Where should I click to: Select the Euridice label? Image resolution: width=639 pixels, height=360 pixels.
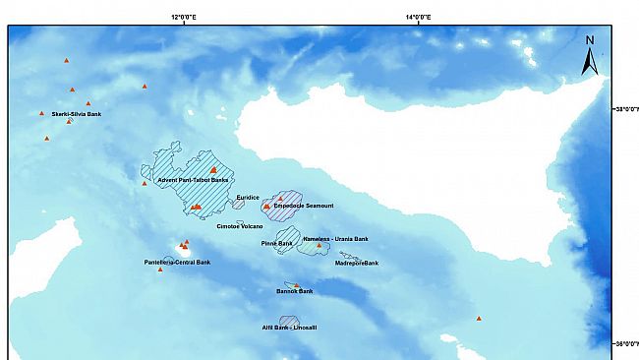click(248, 198)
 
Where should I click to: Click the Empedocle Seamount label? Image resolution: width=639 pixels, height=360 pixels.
click(304, 207)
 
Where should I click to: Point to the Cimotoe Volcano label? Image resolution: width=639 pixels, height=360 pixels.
click(240, 226)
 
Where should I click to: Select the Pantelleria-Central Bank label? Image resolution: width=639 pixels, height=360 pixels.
click(177, 263)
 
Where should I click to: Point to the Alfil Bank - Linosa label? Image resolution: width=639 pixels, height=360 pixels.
click(289, 328)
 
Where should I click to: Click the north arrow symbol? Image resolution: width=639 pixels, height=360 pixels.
click(590, 57)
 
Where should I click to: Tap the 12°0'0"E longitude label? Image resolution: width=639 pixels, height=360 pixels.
click(184, 17)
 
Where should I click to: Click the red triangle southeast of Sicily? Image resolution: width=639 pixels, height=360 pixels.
click(479, 318)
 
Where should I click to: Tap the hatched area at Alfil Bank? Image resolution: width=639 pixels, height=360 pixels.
click(289, 320)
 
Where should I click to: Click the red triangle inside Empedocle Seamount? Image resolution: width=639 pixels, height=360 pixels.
click(266, 207)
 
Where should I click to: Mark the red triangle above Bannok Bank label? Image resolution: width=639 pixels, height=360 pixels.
click(297, 286)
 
